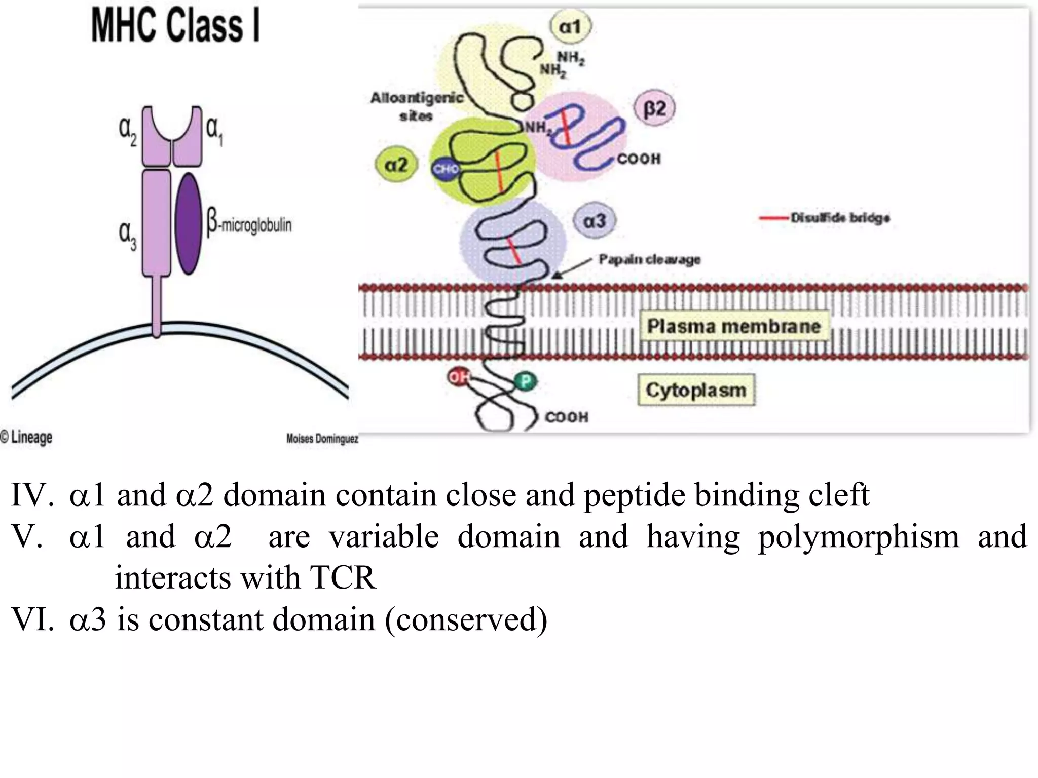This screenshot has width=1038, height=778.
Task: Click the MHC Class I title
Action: pyautogui.click(x=175, y=26)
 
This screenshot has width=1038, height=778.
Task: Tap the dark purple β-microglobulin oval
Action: pyautogui.click(x=189, y=223)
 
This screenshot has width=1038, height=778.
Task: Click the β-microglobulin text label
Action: pyautogui.click(x=249, y=224)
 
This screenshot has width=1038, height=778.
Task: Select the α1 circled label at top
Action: pyautogui.click(x=570, y=26)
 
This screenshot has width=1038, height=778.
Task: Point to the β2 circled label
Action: pyautogui.click(x=654, y=108)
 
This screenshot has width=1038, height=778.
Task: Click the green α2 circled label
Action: pyautogui.click(x=396, y=165)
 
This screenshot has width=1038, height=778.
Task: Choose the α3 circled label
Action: pyautogui.click(x=594, y=221)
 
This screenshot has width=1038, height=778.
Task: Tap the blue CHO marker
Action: pyautogui.click(x=446, y=169)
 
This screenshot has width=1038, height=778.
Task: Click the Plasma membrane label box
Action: pyautogui.click(x=733, y=326)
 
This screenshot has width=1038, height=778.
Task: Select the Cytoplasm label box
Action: pyautogui.click(x=696, y=390)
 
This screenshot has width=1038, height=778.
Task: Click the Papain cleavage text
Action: pyautogui.click(x=649, y=259)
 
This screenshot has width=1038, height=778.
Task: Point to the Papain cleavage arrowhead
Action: pyautogui.click(x=557, y=275)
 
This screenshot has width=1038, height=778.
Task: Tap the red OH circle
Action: pyautogui.click(x=459, y=377)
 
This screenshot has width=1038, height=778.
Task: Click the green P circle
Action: pyautogui.click(x=525, y=381)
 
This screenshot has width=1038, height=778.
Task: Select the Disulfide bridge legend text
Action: pyautogui.click(x=840, y=218)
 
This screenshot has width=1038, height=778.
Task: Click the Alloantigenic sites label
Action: pyautogui.click(x=417, y=106)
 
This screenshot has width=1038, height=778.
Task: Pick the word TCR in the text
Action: pyautogui.click(x=343, y=577)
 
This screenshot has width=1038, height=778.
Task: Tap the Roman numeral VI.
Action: pyautogui.click(x=32, y=619)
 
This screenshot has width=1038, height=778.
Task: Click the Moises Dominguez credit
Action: pyautogui.click(x=322, y=439)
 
